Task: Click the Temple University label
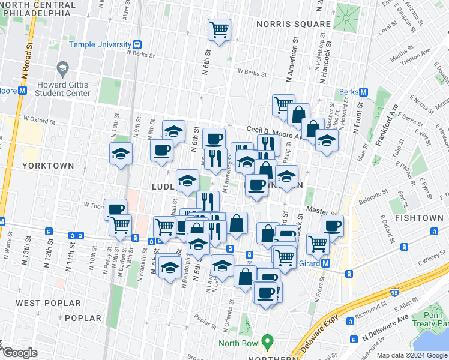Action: click(x=100, y=44)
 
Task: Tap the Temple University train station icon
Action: click(x=137, y=44)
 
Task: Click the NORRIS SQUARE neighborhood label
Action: click(x=293, y=24)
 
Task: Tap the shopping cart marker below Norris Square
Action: click(x=219, y=29)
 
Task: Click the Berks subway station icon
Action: click(x=363, y=92)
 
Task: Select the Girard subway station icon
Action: click(x=326, y=263)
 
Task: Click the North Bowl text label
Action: click(x=239, y=343)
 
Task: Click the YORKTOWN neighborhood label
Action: click(x=48, y=165)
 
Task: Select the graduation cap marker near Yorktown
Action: click(x=121, y=153)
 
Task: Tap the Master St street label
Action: click(x=321, y=211)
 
